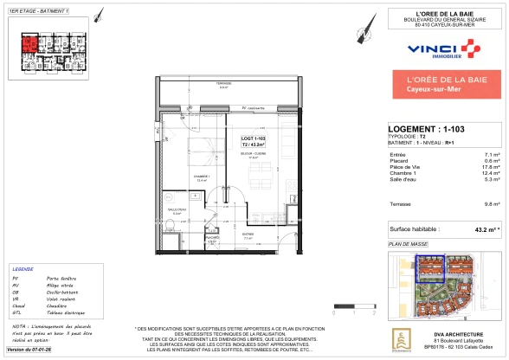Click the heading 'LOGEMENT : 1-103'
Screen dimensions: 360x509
pyautogui.click(x=427, y=129)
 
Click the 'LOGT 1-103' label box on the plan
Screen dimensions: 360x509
pyautogui.click(x=253, y=141)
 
